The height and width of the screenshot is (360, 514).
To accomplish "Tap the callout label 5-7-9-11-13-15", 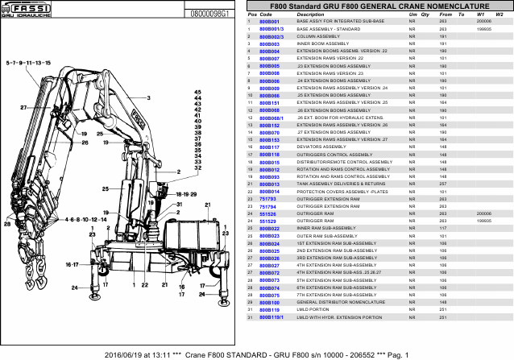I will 28,62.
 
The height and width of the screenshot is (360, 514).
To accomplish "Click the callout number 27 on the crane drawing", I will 24,107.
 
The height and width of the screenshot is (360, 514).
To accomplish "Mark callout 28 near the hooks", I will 7,226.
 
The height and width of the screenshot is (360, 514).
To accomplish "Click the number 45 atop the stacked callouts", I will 197,93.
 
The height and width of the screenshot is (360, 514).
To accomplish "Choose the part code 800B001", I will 269,22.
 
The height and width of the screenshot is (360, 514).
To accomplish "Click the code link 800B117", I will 269,147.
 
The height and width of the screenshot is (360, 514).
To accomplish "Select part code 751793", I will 267,198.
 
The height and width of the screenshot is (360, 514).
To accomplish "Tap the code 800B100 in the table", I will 269,303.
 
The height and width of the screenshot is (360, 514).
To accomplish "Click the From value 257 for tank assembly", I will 443,184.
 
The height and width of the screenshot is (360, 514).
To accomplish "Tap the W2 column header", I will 500,14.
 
